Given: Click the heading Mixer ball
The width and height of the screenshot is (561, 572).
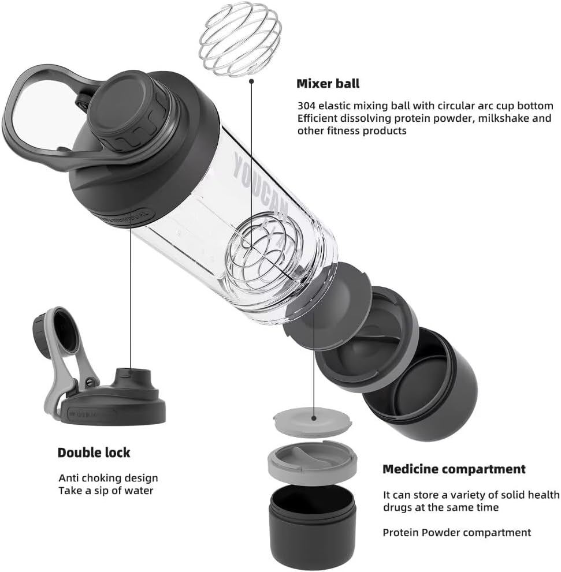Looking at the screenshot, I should tap(328, 84).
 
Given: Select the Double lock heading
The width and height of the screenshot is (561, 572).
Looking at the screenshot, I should tap(94, 453).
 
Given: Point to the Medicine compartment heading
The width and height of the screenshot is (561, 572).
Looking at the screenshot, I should tap(454, 469).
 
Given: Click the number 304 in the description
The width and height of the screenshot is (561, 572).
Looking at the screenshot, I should tap(306, 106).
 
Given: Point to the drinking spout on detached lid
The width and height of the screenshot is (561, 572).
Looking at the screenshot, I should tap(129, 378).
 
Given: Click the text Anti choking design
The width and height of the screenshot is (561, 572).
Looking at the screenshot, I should tap(108, 478).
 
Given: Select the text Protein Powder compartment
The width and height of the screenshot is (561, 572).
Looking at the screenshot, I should tap(456, 533).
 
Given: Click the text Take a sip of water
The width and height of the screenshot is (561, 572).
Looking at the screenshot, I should tap(106, 491).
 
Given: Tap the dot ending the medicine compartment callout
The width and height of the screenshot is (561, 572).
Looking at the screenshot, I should tap(314, 414).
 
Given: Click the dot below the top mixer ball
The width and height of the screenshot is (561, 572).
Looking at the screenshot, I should tap(251, 81).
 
